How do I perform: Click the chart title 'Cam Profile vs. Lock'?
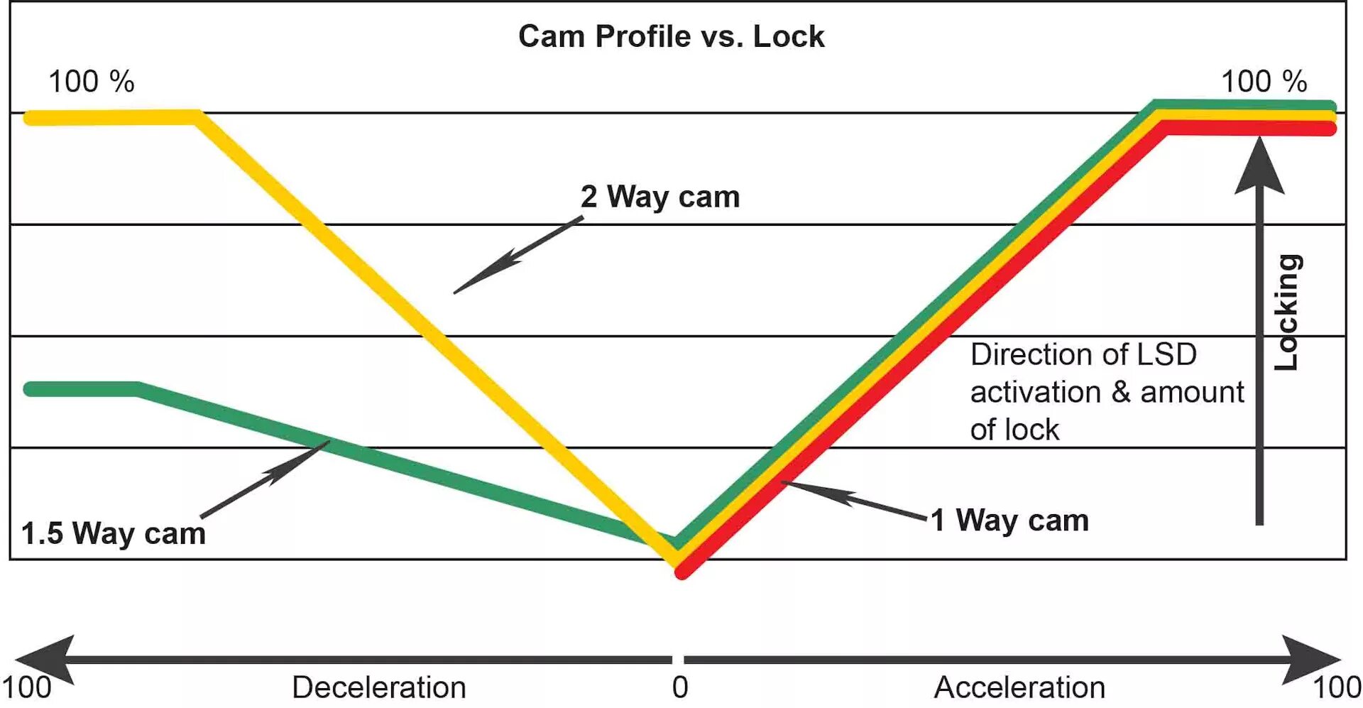coord(671,36)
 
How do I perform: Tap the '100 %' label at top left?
coord(91,82)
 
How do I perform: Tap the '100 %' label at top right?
coord(1264,82)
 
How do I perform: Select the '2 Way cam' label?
coord(660,197)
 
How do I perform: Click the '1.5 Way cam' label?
coord(114,533)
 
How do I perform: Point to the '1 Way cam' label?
coord(1009,521)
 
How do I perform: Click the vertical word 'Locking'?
coord(1287,312)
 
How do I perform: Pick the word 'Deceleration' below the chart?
coord(379,687)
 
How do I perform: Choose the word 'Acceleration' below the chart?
coord(1019,687)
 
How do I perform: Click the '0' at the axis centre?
coord(680,687)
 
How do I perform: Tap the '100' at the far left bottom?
coord(27,687)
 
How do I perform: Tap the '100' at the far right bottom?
coord(1337,687)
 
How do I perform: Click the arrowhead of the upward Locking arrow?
coord(1259,168)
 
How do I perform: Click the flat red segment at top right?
coord(1249,128)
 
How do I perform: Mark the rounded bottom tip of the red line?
coord(681,571)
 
